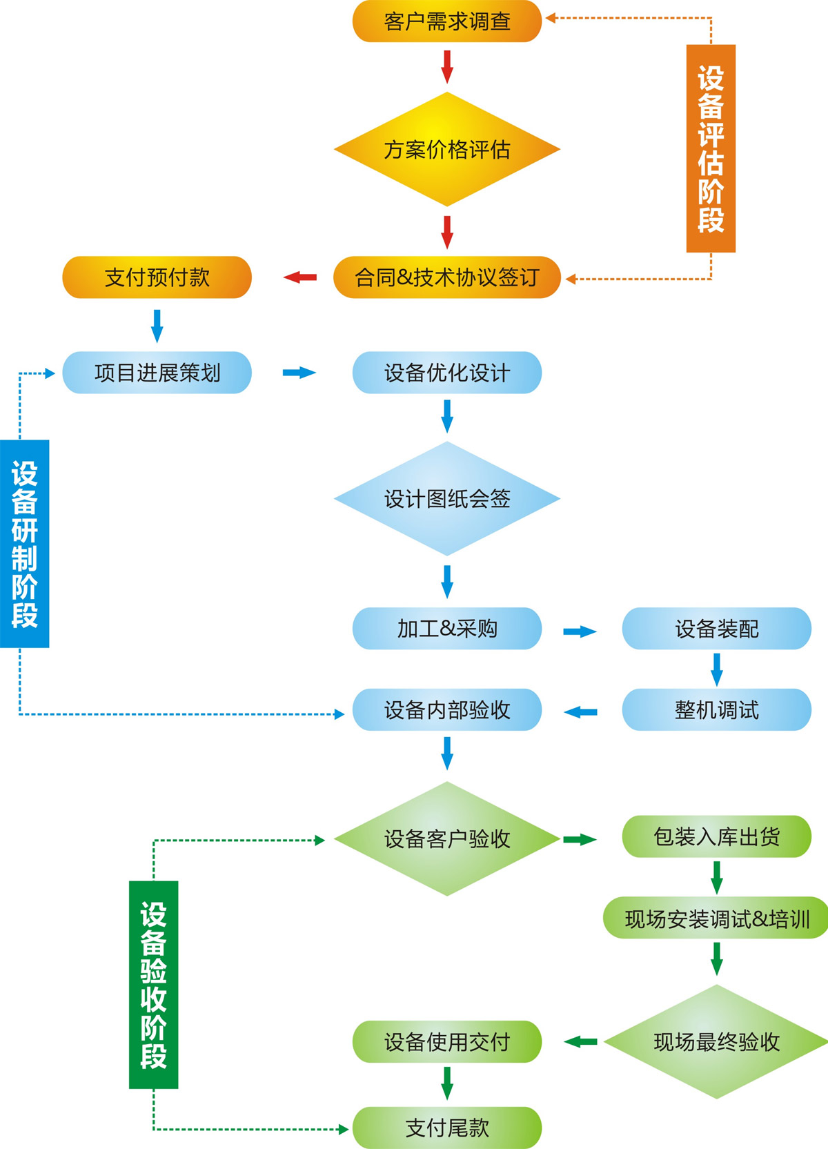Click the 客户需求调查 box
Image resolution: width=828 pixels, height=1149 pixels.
pyautogui.click(x=447, y=21)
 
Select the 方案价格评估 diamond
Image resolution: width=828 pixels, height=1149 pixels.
pyautogui.click(x=447, y=149)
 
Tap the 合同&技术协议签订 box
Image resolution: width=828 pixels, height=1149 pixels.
pyautogui.click(x=447, y=277)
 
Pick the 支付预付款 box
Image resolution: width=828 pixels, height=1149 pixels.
pyautogui.click(x=157, y=277)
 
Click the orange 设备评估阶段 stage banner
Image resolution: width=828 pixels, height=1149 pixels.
pyautogui.click(x=711, y=148)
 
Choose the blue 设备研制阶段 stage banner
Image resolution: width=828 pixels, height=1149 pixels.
pyautogui.click(x=25, y=544)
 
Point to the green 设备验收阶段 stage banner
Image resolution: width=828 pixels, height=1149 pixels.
pyautogui.click(x=153, y=985)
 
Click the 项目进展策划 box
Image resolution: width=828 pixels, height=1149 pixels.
pyautogui.click(x=157, y=373)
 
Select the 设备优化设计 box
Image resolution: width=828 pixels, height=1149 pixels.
pyautogui.click(x=447, y=373)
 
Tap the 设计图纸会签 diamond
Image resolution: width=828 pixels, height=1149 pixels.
pyautogui.click(x=447, y=498)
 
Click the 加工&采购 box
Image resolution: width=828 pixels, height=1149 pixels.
pyautogui.click(x=447, y=629)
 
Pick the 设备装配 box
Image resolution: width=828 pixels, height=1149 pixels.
pyautogui.click(x=716, y=629)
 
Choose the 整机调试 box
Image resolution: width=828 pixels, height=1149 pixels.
pyautogui.click(x=716, y=709)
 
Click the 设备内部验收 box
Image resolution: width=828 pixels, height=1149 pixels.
pyautogui.click(x=447, y=709)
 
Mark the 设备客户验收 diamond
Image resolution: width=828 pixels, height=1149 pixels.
pyautogui.click(x=447, y=838)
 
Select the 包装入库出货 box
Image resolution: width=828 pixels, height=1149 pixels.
pyautogui.click(x=716, y=836)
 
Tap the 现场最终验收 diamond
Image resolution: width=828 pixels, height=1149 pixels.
pyautogui.click(x=716, y=1041)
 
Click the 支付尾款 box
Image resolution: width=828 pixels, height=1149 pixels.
pyautogui.click(x=447, y=1128)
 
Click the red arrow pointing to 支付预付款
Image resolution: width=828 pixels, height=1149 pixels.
pyautogui.click(x=300, y=277)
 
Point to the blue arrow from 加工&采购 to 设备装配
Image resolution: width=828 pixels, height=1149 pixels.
pyautogui.click(x=580, y=631)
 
